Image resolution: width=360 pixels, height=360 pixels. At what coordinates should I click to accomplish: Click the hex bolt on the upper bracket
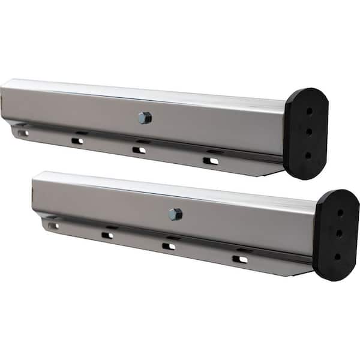tap(144, 118)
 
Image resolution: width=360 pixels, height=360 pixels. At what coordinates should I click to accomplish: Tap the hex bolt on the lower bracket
tap(175, 214)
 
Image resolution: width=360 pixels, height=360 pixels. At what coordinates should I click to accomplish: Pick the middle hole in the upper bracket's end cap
tap(308, 131)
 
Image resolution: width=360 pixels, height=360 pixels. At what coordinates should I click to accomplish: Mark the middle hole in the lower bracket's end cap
tap(339, 233)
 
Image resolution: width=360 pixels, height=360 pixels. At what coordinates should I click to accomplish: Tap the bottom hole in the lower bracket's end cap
tap(338, 256)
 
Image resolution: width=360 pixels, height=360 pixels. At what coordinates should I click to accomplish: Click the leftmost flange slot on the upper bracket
tap(23, 133)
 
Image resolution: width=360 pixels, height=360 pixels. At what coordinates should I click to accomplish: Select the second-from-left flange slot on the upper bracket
tap(77, 141)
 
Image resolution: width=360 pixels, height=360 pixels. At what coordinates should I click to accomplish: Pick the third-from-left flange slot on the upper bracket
tap(139, 149)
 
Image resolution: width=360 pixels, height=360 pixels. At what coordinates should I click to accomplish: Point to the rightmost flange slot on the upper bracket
tap(210, 160)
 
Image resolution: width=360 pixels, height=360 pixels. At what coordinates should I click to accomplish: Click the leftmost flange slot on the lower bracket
tap(53, 226)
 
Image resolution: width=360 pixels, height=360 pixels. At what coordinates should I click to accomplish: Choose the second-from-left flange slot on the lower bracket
tap(107, 235)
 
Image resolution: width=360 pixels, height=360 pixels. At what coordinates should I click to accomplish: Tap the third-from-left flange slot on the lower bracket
tap(169, 245)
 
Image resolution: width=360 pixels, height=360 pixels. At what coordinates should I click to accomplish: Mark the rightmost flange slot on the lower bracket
tap(239, 259)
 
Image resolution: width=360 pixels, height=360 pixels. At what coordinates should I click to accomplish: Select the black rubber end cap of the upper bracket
tap(305, 133)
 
